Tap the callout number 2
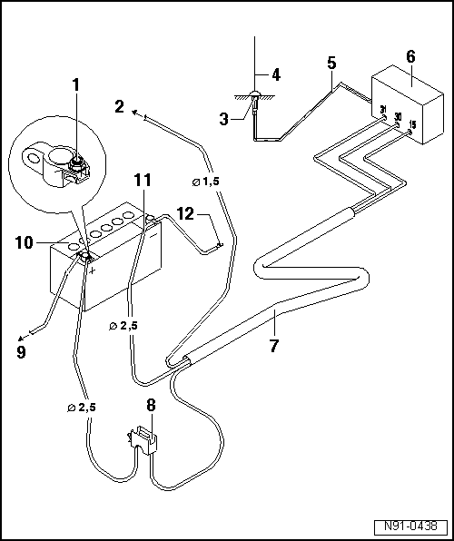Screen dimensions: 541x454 119,105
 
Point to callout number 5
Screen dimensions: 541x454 332,64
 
